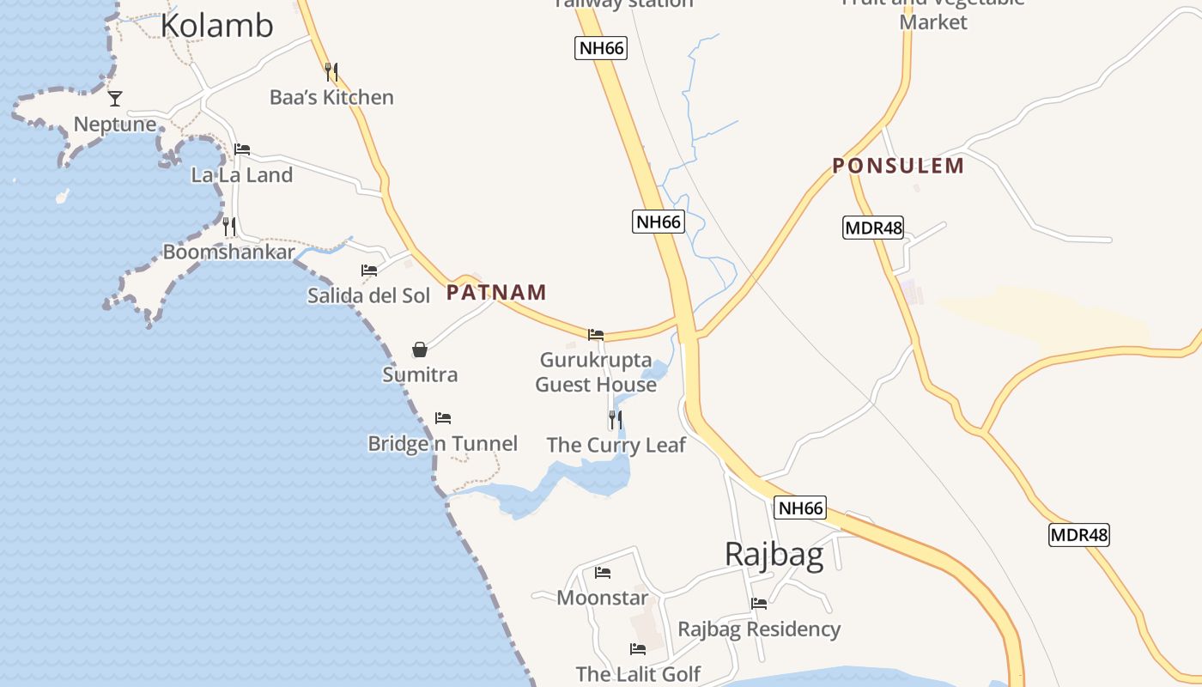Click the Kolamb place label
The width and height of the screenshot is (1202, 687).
click(216, 26)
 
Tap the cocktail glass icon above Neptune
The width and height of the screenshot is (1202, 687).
click(115, 99)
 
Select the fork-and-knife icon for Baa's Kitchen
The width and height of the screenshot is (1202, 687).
click(331, 72)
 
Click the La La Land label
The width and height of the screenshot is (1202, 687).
click(241, 175)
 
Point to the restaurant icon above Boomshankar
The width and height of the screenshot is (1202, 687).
click(229, 227)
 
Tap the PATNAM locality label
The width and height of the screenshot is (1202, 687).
click(496, 293)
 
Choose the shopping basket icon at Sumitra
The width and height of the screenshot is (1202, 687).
click(420, 350)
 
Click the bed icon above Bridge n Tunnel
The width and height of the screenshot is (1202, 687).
click(443, 418)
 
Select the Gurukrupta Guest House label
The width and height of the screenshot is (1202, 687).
click(596, 372)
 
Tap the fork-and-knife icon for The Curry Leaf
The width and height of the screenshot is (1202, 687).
click(615, 420)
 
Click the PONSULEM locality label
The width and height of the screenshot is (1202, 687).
click(898, 166)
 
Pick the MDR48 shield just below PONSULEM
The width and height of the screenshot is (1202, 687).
click(873, 228)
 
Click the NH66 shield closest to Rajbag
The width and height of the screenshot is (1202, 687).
click(800, 508)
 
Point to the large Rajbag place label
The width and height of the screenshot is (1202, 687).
click(774, 554)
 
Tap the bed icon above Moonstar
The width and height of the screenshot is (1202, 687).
click(603, 573)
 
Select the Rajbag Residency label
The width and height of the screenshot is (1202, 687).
click(759, 629)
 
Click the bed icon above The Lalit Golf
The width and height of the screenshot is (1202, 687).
click(638, 649)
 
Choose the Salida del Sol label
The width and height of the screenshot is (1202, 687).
click(369, 295)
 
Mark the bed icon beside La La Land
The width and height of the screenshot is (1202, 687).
click(242, 149)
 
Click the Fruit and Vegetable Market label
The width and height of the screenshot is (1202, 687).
click(933, 12)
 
